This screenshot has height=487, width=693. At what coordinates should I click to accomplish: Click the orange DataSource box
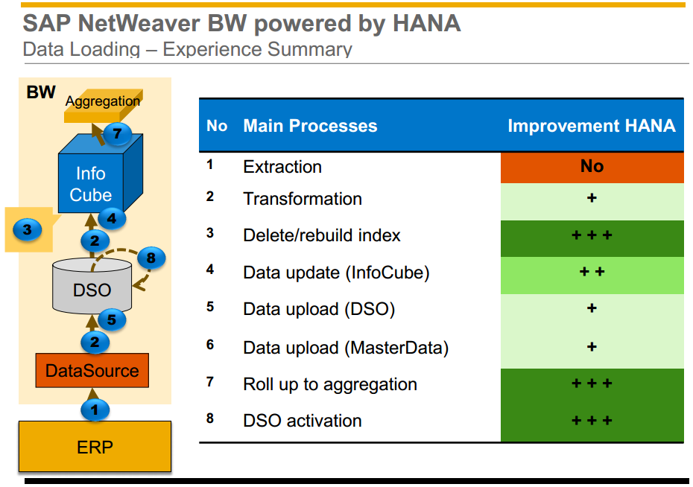coord(92,371)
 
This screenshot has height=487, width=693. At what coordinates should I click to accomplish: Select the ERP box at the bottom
coord(95,448)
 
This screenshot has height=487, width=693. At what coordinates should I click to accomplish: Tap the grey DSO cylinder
coord(92,287)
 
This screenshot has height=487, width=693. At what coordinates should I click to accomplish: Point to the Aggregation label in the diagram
coord(102,101)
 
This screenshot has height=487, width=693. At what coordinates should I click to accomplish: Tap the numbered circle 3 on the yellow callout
coord(28,229)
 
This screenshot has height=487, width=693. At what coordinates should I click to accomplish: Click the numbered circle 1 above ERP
coord(94,409)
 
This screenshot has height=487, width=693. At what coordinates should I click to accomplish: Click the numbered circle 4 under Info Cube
coord(112,218)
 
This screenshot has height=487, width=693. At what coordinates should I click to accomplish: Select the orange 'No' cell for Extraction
coord(592,166)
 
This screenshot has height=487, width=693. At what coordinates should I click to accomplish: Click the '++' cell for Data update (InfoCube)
coord(592,272)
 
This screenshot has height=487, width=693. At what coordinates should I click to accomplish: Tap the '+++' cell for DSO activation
coord(592,421)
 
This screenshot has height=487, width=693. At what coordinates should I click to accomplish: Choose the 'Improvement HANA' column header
coord(592,126)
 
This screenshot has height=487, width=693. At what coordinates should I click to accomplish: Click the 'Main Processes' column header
coord(310,126)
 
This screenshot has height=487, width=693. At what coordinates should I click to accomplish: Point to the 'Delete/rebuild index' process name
coord(322,236)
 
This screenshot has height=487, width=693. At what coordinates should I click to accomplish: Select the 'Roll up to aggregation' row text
coord(330,385)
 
